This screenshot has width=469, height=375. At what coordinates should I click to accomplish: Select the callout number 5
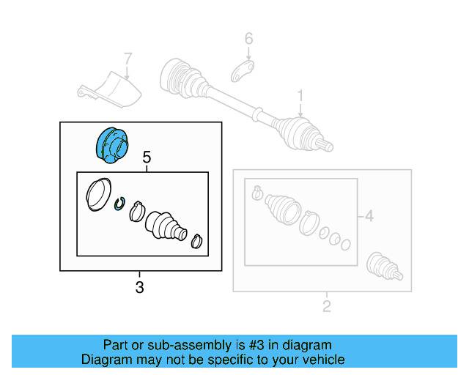click(147, 157)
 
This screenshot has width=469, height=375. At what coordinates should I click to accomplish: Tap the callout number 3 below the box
click(140, 288)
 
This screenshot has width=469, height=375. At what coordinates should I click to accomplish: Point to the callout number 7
click(128, 58)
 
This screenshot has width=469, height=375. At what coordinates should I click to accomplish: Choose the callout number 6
click(248, 38)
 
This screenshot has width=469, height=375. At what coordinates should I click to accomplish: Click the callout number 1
click(300, 95)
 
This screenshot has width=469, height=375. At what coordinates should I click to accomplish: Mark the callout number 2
click(327, 305)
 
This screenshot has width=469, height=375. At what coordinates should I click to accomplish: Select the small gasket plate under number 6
click(244, 71)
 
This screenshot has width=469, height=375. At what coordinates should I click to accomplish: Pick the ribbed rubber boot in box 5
click(165, 225)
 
